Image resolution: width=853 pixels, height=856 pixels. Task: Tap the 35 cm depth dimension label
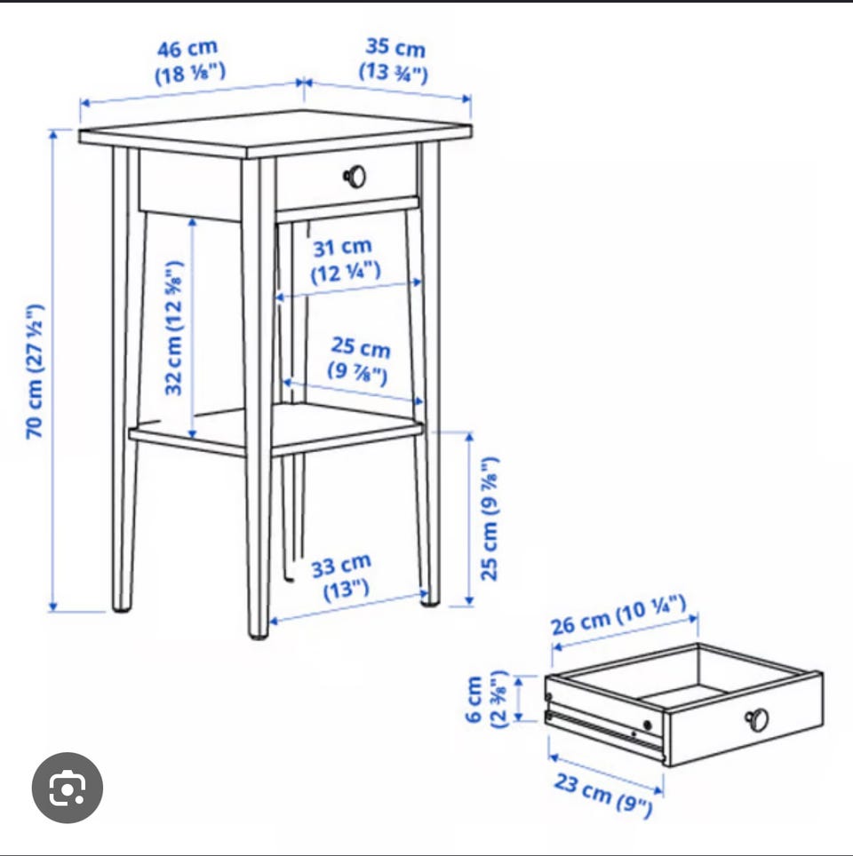tap(394, 59)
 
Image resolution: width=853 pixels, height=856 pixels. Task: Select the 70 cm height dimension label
tap(35, 371)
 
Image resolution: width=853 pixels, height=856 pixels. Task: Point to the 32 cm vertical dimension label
tap(174, 328)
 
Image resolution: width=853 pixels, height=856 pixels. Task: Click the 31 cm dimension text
tap(344, 260)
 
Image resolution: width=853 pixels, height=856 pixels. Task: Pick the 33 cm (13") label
tap(343, 577)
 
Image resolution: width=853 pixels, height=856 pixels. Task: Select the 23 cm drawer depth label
tap(604, 795)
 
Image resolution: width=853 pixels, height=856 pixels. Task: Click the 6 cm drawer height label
tap(486, 700)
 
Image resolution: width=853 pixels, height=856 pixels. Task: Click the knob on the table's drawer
tap(355, 177)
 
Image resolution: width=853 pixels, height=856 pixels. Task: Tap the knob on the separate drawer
tap(757, 719)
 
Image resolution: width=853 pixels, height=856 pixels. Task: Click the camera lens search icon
tap(68, 788)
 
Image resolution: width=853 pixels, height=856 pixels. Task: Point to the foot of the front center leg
tap(259, 633)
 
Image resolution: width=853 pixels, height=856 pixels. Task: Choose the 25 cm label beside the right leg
tap(489, 519)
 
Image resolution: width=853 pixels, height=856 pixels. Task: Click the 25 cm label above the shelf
tap(359, 361)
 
